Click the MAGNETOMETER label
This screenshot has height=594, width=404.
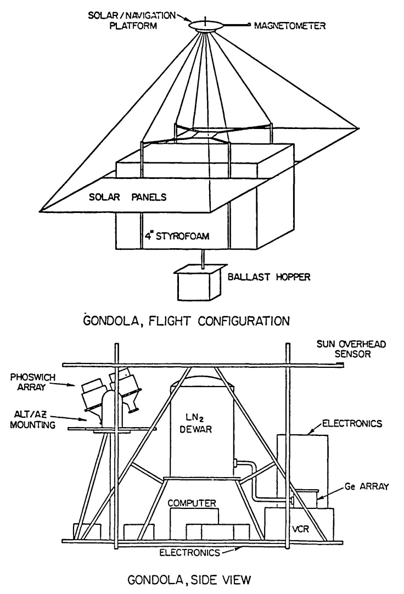click(x=291, y=25)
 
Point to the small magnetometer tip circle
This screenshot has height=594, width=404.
click(x=250, y=24)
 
